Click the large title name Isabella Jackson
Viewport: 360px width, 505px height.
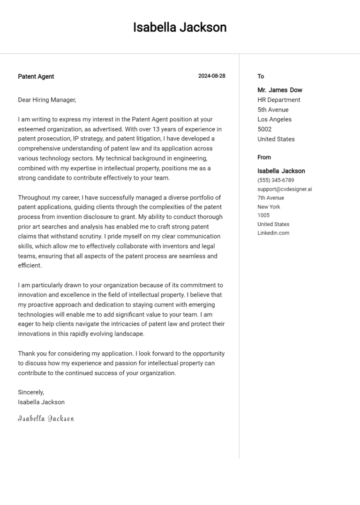tap(180, 28)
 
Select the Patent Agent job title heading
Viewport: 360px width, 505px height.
tap(36, 76)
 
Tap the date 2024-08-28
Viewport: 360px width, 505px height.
tap(211, 76)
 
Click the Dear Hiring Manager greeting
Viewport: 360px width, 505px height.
tap(47, 100)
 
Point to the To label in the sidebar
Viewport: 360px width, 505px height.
tap(261, 76)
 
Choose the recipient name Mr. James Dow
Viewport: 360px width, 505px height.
tap(280, 90)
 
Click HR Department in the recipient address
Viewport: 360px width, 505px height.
tap(279, 100)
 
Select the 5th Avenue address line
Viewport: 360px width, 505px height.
tap(273, 110)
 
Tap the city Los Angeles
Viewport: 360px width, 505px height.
tap(274, 119)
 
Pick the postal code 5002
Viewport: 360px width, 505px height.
tap(264, 129)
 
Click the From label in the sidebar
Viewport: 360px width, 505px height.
tap(264, 157)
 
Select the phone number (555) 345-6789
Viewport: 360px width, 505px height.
tap(276, 180)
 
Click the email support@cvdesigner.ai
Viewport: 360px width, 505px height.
tap(285, 189)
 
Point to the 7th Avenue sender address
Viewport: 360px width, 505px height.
tap(270, 198)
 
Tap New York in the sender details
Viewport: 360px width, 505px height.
tap(269, 207)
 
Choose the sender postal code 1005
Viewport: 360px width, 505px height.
tap(263, 215)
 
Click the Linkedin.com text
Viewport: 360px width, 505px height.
tap(273, 233)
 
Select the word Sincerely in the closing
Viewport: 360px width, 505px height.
tap(30, 392)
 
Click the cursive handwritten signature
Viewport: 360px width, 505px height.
tap(46, 418)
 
